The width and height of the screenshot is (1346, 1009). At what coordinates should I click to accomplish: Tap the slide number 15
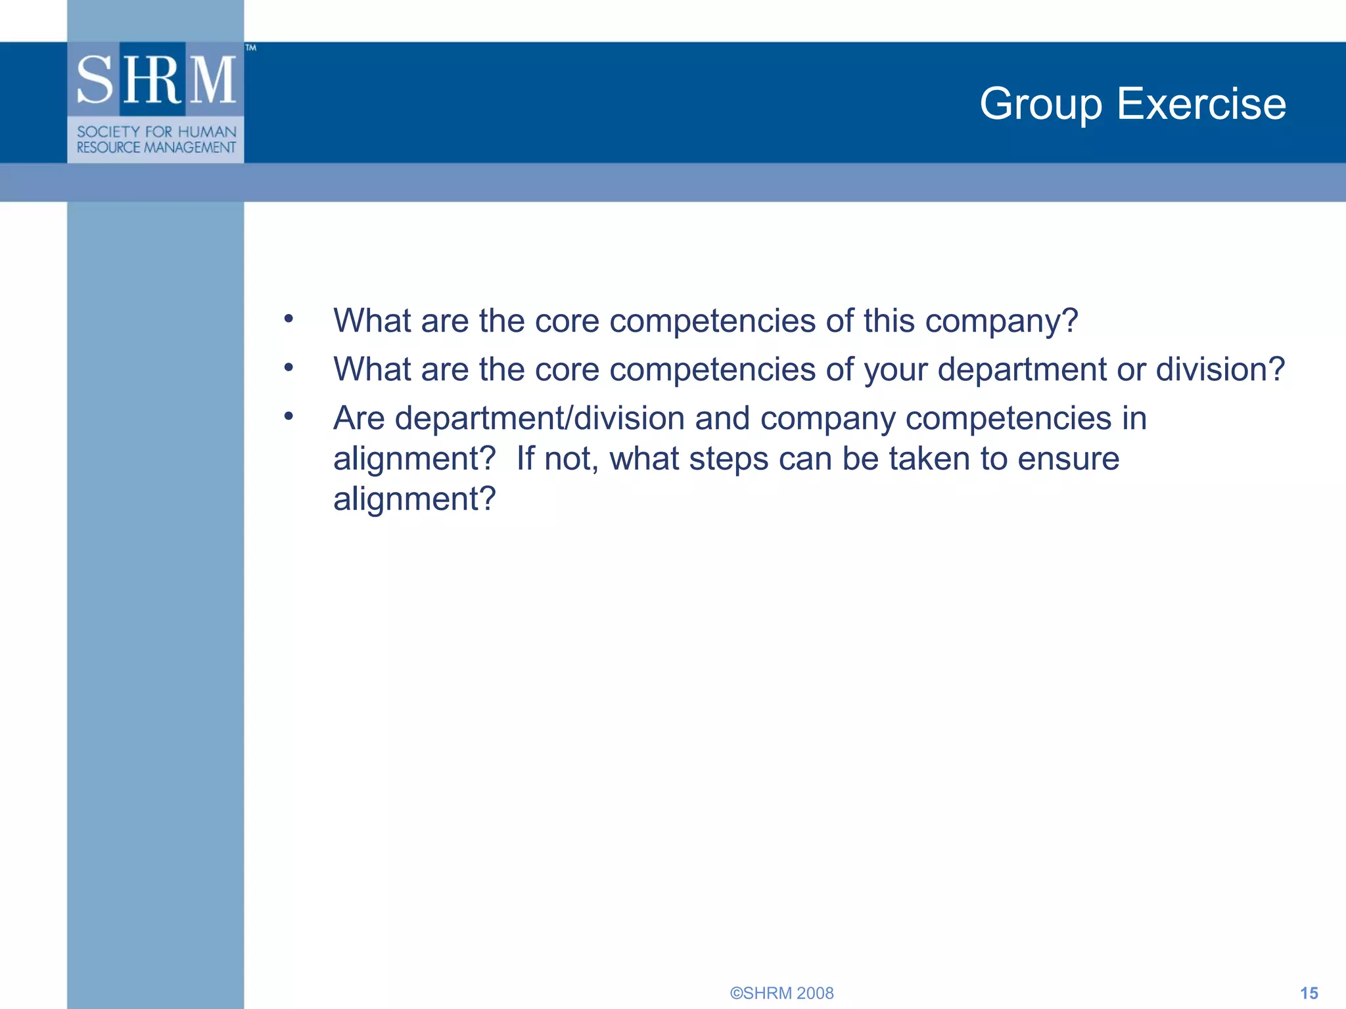[x=1309, y=993]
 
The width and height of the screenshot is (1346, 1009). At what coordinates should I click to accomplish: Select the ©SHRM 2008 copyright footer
[x=781, y=993]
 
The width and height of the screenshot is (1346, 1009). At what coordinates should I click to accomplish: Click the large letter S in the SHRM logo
[x=95, y=79]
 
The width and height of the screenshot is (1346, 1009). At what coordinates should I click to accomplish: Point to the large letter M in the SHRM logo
[x=212, y=79]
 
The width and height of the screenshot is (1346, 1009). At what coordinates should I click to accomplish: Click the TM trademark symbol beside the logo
[x=250, y=48]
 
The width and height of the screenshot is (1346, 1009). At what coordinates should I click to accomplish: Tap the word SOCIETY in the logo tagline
[x=108, y=132]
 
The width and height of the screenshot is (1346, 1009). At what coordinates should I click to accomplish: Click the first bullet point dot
[x=289, y=319]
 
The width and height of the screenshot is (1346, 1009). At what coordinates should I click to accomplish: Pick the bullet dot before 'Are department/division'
[x=289, y=416]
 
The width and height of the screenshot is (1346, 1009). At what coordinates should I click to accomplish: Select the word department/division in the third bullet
[x=540, y=418]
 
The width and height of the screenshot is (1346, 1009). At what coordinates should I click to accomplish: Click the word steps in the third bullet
[x=728, y=459]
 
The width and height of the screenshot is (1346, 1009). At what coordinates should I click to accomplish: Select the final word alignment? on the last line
[x=414, y=499]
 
